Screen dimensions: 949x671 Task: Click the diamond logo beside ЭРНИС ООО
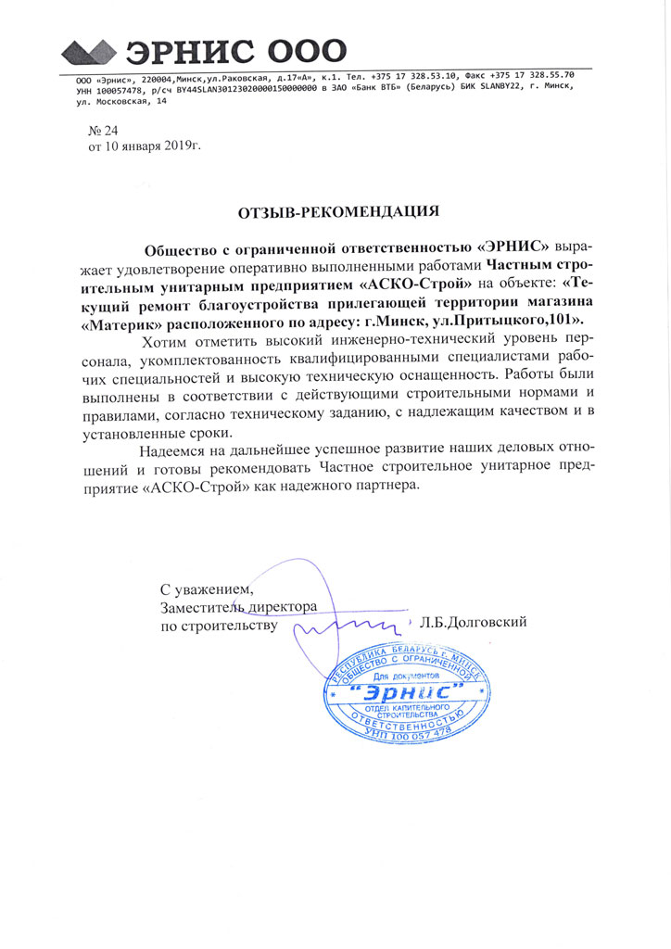tap(87, 51)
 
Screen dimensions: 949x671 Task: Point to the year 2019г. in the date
tap(179, 146)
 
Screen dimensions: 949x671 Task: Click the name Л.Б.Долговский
tap(473, 622)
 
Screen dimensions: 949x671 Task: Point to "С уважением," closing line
tap(205, 588)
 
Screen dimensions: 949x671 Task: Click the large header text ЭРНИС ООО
tap(237, 50)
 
